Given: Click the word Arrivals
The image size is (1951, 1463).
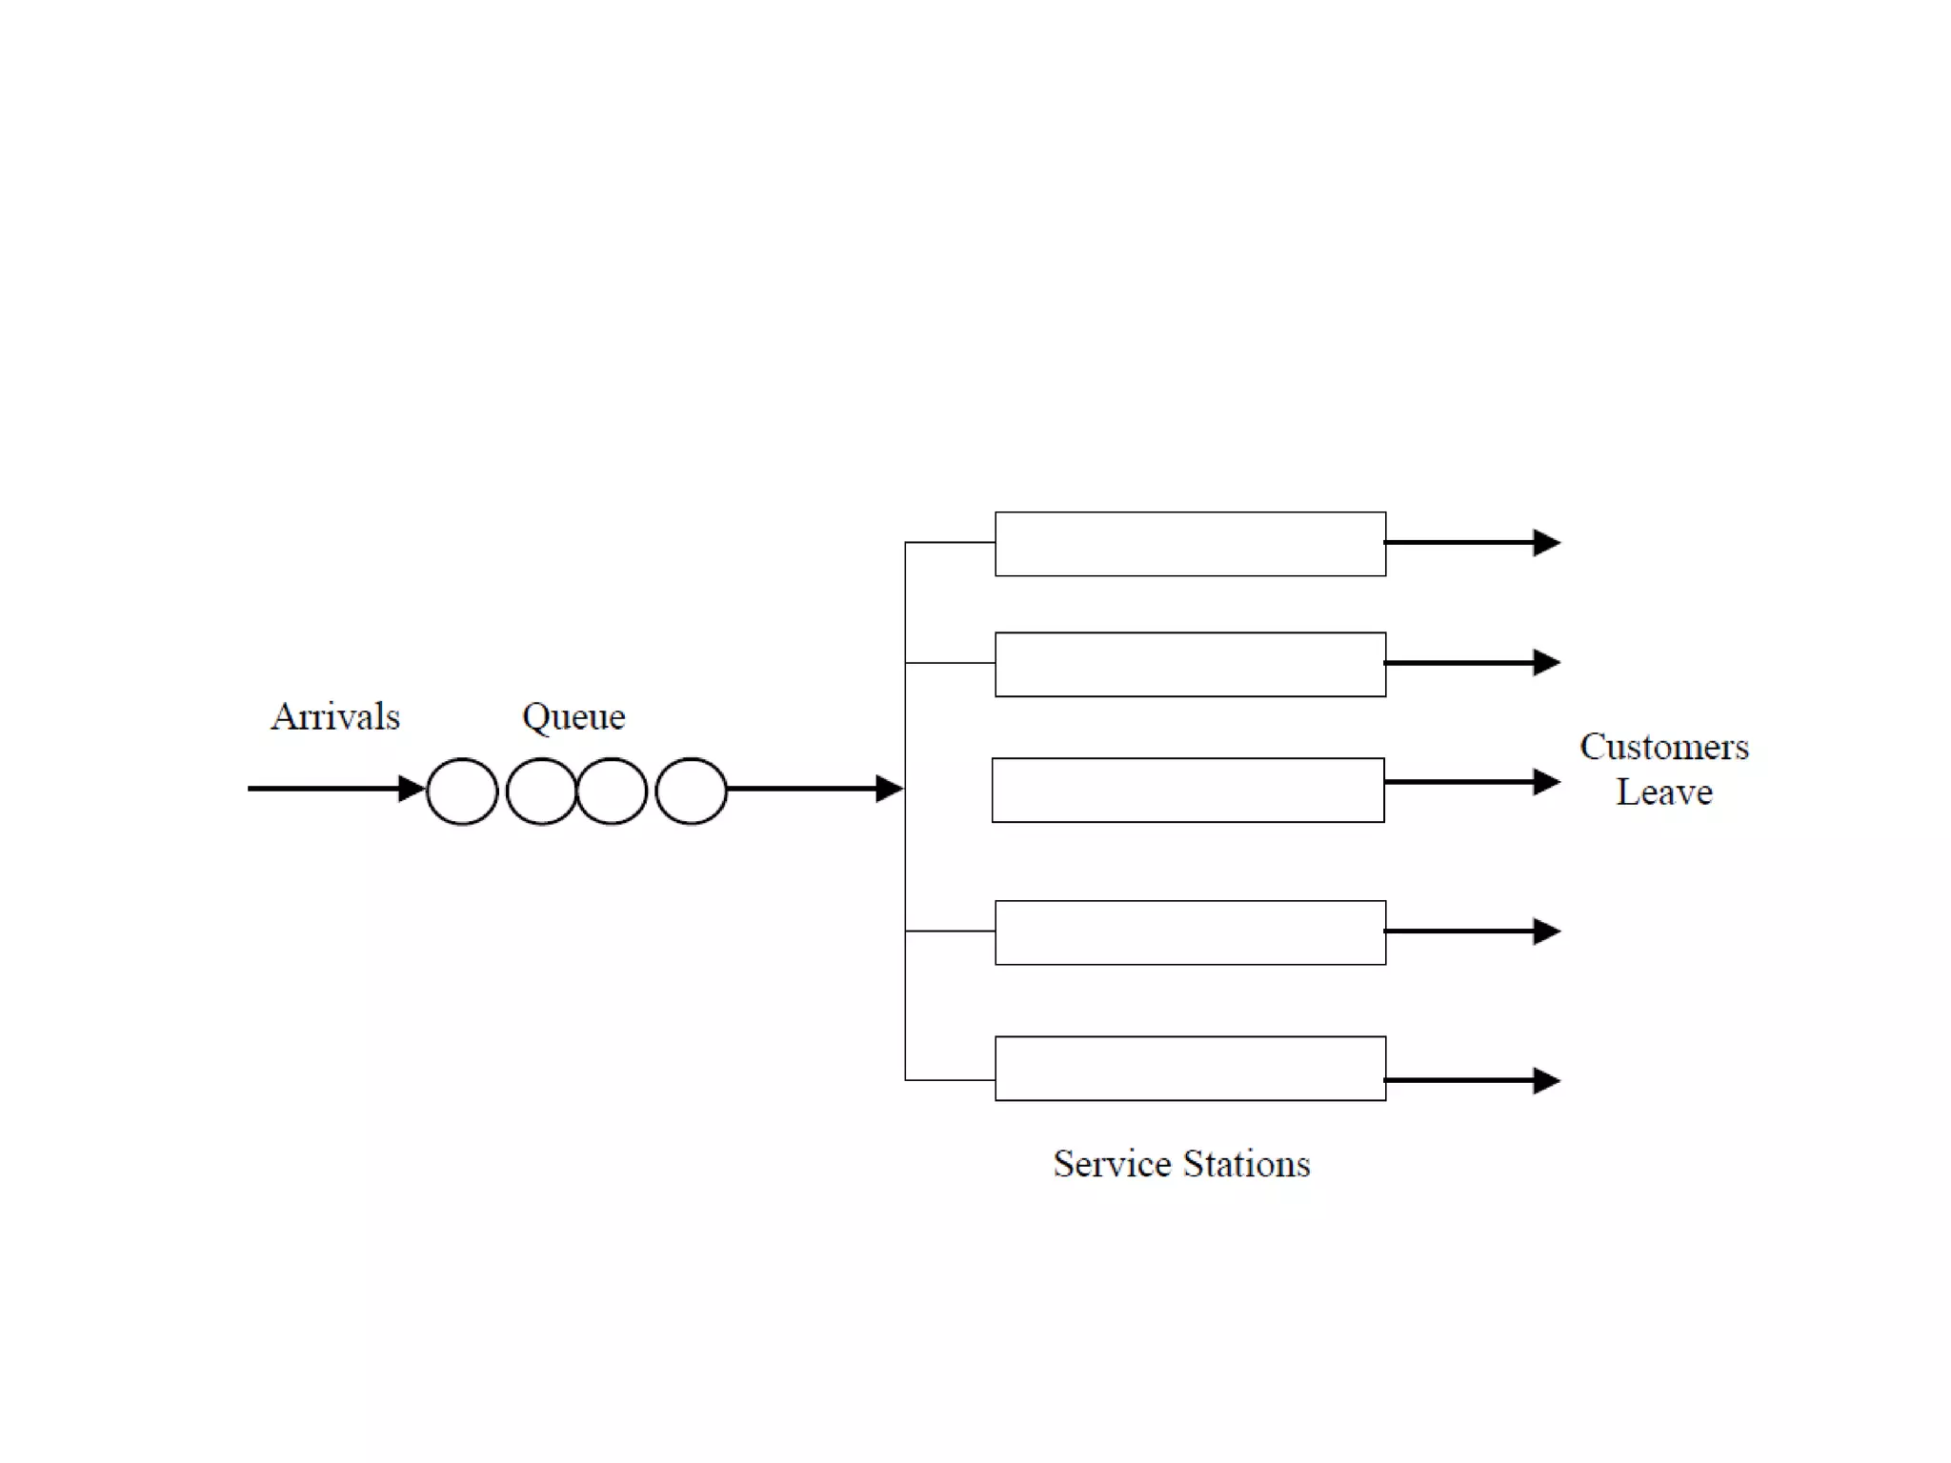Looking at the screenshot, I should [x=335, y=717].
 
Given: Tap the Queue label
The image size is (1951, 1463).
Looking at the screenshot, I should [x=573, y=717].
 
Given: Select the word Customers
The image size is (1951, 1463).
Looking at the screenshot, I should [x=1663, y=748].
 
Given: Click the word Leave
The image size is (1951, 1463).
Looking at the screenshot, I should [x=1663, y=792].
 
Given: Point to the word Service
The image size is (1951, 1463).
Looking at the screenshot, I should [x=1112, y=1164].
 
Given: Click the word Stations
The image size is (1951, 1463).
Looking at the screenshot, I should [x=1246, y=1164].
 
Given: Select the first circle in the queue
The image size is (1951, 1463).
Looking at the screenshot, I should [x=462, y=791].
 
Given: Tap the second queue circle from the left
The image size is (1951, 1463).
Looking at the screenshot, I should [x=540, y=791].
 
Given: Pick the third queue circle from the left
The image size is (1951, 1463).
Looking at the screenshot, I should [x=612, y=791].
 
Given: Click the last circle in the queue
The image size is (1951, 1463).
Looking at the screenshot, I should [x=691, y=791].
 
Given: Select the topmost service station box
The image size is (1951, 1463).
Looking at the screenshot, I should [x=1190, y=544].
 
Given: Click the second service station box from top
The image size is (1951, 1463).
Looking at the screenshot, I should [x=1190, y=665].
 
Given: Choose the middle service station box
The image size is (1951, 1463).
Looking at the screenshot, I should [x=1188, y=790].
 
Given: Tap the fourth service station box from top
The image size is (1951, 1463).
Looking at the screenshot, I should [x=1190, y=932].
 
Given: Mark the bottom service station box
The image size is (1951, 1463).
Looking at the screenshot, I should [x=1190, y=1069].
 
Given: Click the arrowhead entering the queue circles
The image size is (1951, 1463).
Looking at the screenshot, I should [x=412, y=789].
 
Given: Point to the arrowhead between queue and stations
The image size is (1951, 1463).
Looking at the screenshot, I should [x=889, y=789].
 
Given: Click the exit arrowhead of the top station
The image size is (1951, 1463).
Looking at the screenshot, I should [x=1546, y=543].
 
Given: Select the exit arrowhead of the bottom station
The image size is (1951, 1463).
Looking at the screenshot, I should [x=1546, y=1081].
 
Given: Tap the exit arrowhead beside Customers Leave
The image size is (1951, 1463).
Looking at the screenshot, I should [x=1546, y=782].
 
